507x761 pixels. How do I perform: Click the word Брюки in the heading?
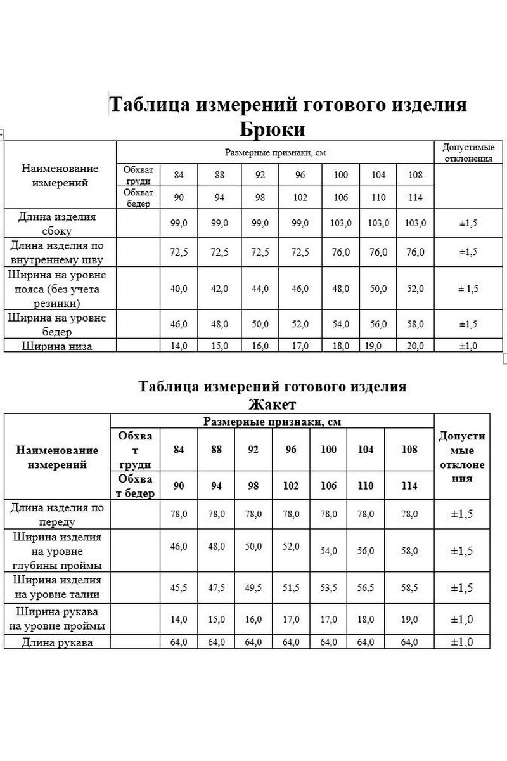click(273, 129)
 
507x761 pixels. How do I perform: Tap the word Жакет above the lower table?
click(273, 404)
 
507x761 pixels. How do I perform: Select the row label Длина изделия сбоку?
click(57, 224)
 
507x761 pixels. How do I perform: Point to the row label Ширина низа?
click(57, 346)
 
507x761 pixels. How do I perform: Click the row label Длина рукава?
click(57, 642)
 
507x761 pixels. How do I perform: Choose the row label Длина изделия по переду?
click(57, 515)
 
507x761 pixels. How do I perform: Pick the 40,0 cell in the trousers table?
click(179, 289)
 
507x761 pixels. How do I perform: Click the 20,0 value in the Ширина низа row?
click(416, 346)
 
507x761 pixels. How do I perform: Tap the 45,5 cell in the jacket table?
click(179, 588)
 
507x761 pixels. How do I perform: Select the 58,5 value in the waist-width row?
click(409, 588)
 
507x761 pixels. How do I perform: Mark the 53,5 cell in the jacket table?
click(328, 588)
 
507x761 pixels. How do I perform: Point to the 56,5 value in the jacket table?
click(366, 588)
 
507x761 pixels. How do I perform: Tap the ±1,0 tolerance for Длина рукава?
click(461, 642)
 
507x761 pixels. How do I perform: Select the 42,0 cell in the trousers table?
click(219, 289)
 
